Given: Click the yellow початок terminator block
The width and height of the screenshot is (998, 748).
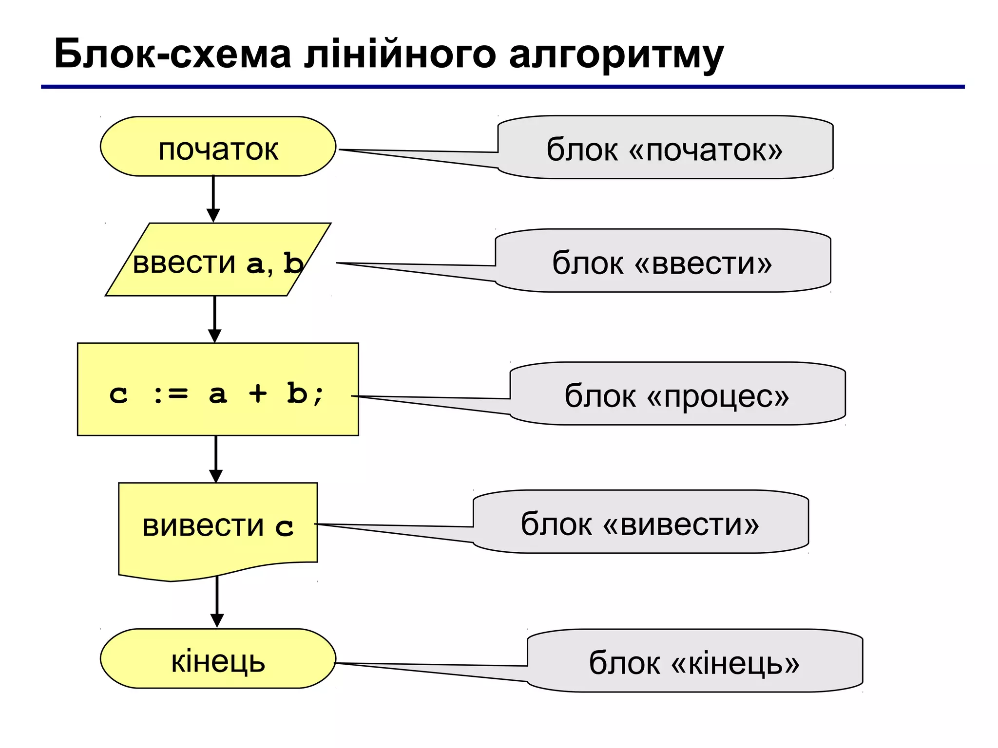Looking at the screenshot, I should point(218,147).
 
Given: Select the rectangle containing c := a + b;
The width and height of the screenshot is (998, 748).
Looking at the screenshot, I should point(218,389).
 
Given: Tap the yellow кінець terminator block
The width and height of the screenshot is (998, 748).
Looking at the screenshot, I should point(218,658).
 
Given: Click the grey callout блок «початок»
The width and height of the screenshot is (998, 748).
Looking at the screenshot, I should point(665,148).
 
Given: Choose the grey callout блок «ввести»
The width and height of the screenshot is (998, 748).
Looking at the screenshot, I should point(663,261).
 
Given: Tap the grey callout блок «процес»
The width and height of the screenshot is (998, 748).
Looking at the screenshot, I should point(677,394).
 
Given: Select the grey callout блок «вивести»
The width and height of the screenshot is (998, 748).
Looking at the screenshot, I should point(640,522).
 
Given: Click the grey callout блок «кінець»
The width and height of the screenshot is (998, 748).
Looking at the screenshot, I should point(694,661).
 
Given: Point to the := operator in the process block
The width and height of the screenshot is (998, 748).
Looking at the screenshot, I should point(171,393).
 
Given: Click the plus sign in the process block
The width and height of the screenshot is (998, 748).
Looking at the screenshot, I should point(258,393).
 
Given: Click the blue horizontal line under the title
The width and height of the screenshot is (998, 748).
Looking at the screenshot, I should point(502,87).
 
